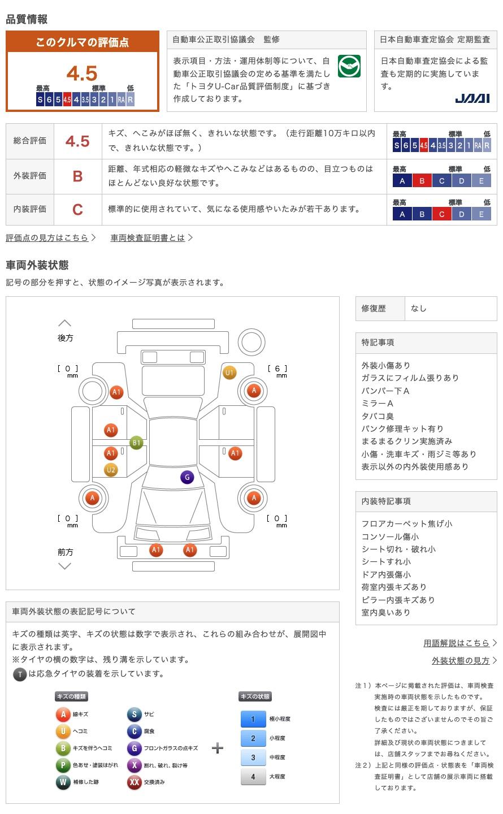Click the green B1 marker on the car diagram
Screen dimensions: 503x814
tap(136, 443)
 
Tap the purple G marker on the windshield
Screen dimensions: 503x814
tap(187, 477)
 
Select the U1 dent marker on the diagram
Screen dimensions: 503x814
tap(229, 373)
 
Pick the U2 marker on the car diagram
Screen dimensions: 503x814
tap(111, 470)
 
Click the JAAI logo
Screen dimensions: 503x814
tap(472, 98)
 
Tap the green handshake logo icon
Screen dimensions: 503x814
tap(349, 66)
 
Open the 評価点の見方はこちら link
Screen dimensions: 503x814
tap(47, 237)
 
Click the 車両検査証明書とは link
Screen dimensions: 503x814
tap(148, 237)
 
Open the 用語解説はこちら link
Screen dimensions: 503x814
tap(456, 643)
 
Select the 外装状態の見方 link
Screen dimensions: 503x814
tap(461, 660)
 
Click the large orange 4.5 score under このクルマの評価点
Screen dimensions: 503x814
tap(82, 73)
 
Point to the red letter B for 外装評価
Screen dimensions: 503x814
tap(78, 176)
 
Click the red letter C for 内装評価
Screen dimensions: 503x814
tap(78, 210)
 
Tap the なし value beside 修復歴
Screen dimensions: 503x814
tap(418, 309)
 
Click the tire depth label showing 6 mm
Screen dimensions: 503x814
tap(277, 371)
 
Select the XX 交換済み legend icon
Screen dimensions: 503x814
tap(135, 782)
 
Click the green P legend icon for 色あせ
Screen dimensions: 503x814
tap(63, 765)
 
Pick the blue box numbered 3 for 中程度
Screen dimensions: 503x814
tap(253, 757)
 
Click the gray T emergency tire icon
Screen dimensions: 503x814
tap(20, 674)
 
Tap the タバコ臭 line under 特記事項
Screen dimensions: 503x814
tap(378, 416)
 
